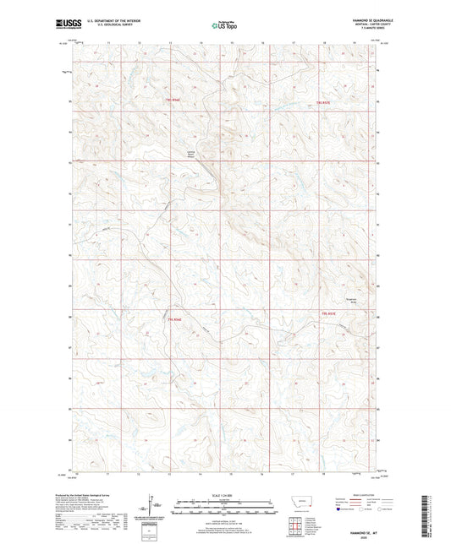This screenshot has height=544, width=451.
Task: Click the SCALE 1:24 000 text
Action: click(224, 493)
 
